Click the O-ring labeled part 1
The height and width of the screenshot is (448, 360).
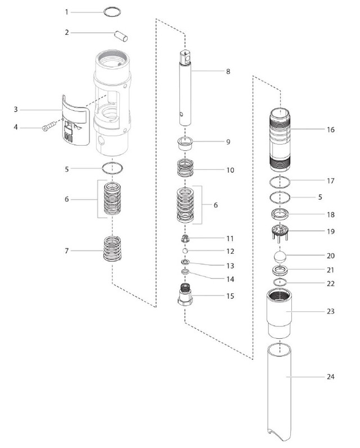point(113,11)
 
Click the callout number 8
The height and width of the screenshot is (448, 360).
point(228,71)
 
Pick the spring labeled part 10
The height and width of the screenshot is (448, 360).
point(186,169)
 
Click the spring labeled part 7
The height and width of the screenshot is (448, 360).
point(114,248)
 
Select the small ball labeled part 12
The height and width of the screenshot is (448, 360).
point(185,250)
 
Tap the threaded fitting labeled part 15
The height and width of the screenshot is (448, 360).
point(185,294)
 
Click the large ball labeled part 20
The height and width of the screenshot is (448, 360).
point(281,257)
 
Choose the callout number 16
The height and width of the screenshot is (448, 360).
point(330,129)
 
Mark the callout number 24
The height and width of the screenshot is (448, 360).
point(330,377)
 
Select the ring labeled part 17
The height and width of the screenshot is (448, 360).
point(280,183)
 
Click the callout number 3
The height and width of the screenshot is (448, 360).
point(17,109)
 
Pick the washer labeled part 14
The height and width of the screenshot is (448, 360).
point(185,273)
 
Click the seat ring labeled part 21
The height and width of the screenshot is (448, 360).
point(280,270)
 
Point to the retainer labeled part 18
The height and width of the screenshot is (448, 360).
point(280,214)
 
